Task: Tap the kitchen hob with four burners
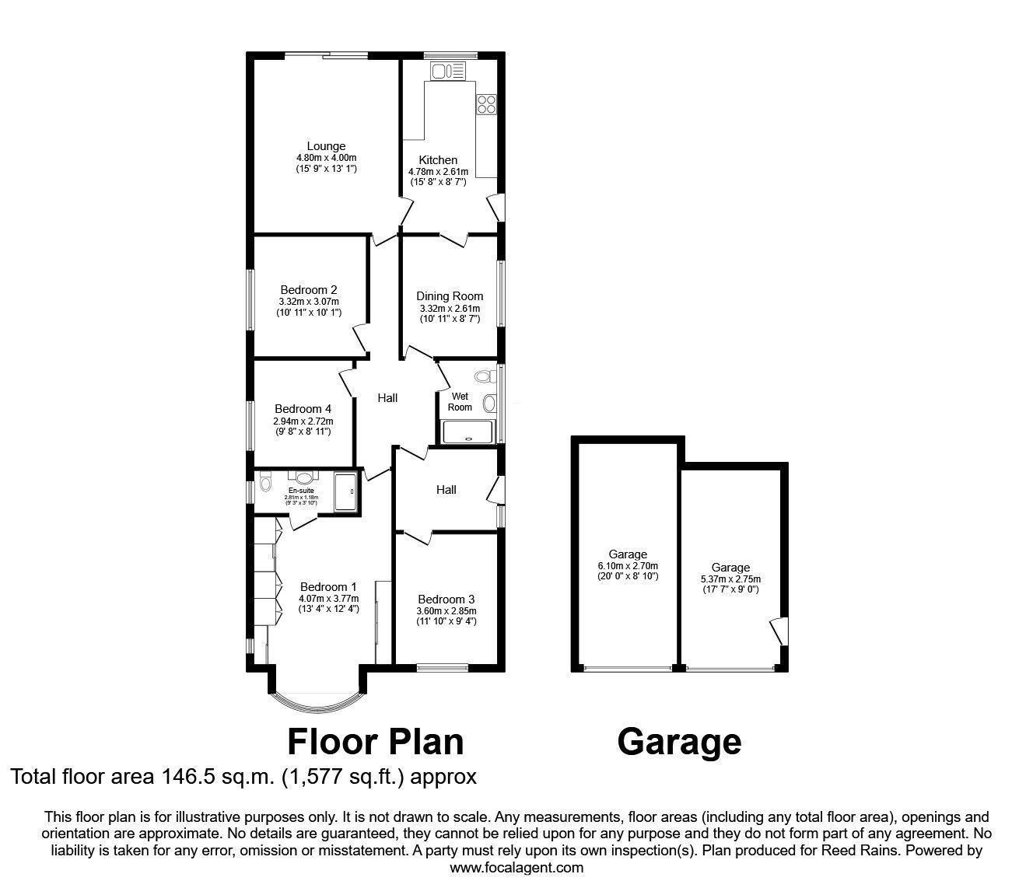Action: [x=486, y=104]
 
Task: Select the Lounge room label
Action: [x=326, y=146]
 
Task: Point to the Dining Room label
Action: [x=450, y=295]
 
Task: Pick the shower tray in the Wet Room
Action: [x=467, y=432]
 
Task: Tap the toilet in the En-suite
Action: [x=265, y=484]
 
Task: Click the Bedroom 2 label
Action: [x=309, y=290]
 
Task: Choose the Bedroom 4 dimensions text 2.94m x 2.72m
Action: [x=303, y=421]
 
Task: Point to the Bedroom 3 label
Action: [x=446, y=600]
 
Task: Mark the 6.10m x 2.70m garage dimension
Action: [x=628, y=566]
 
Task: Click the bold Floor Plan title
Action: [x=376, y=742]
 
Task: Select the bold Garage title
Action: [x=679, y=742]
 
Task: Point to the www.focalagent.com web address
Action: [x=516, y=867]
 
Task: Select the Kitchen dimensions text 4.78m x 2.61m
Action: [x=438, y=172]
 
